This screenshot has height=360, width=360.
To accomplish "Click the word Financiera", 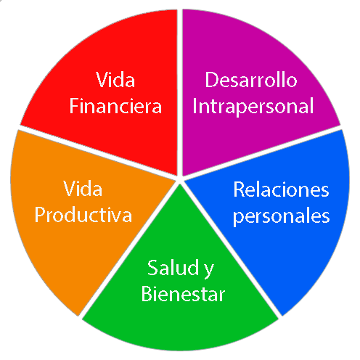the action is (x=115, y=106).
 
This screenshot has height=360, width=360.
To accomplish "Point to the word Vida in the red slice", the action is (x=115, y=79).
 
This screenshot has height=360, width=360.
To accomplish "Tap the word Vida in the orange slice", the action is (x=83, y=188).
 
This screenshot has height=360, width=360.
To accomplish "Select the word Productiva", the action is (x=83, y=215).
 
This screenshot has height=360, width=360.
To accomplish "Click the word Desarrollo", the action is (x=251, y=79).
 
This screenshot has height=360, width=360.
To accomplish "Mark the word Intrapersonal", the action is (x=253, y=107).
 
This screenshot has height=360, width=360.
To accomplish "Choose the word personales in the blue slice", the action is (x=281, y=216).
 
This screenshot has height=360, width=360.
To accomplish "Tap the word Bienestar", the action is (x=183, y=294).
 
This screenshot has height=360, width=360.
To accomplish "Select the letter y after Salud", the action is (x=209, y=271).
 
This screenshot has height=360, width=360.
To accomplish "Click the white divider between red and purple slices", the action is (x=180, y=93).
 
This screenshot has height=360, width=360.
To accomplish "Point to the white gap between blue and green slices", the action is (x=231, y=249).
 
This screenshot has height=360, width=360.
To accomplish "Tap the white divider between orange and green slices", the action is (x=129, y=249).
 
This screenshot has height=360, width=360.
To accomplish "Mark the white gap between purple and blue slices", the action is (x=261, y=152).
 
